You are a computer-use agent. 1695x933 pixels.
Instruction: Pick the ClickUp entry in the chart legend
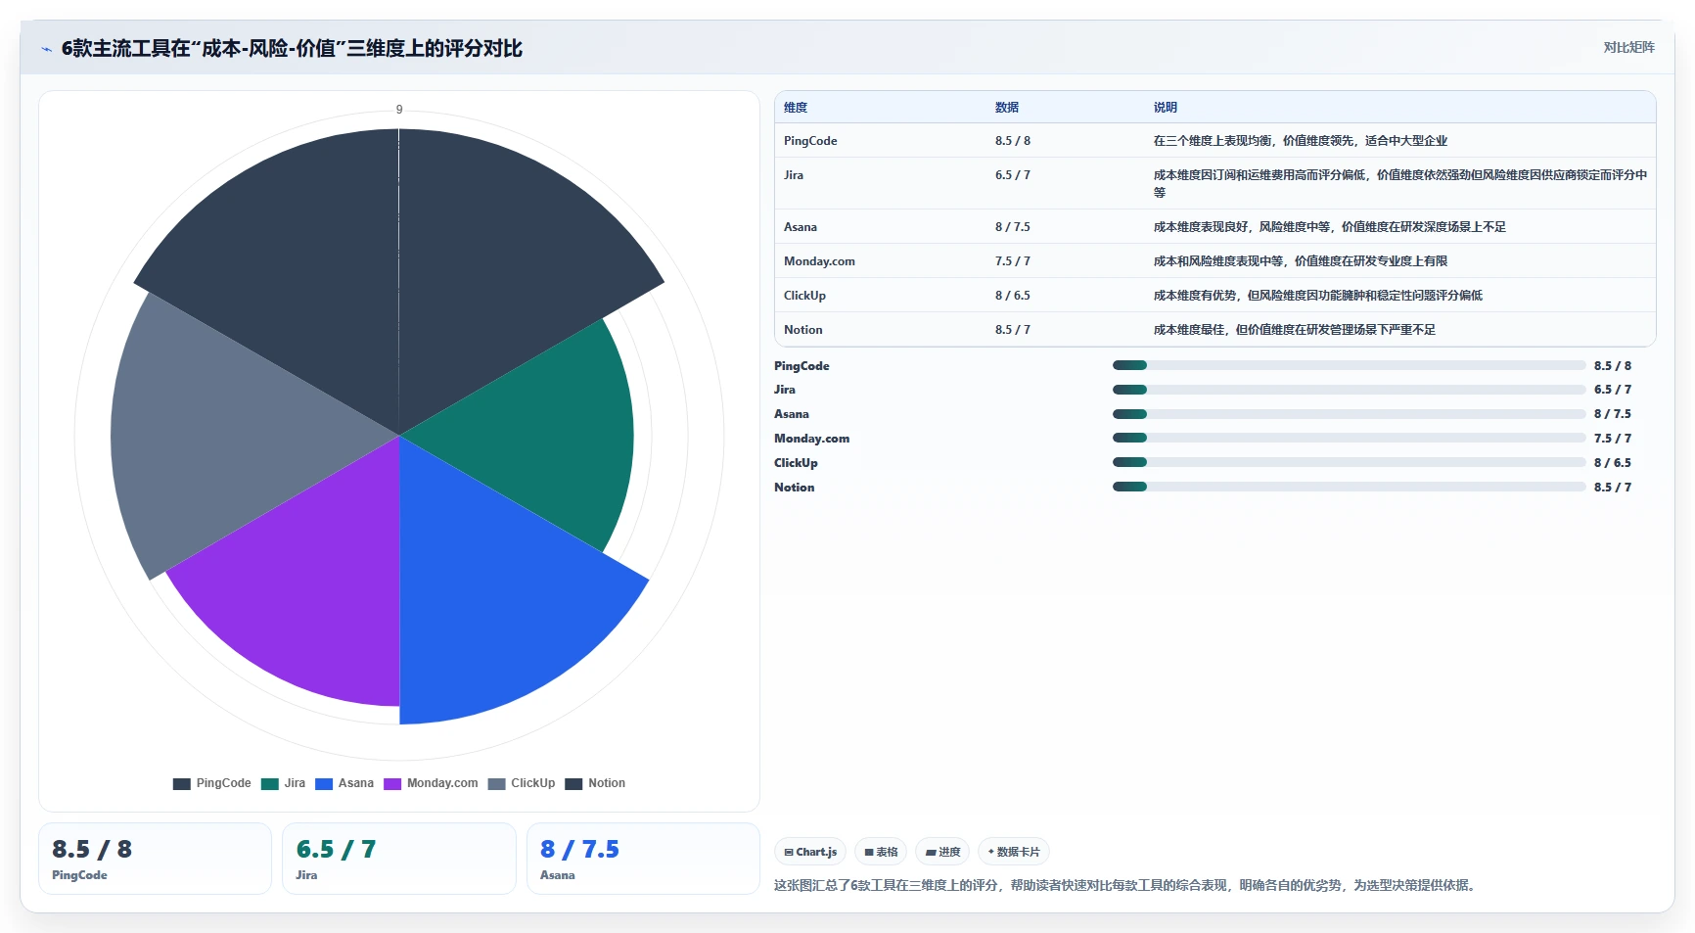(x=522, y=783)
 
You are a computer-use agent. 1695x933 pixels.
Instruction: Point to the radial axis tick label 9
(x=399, y=110)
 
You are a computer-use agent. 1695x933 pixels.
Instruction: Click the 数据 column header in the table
(x=1007, y=108)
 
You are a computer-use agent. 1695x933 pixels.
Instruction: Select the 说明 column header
(x=1166, y=108)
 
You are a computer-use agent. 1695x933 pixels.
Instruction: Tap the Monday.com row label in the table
(x=819, y=261)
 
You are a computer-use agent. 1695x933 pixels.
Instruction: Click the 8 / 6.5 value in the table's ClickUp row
(x=1013, y=296)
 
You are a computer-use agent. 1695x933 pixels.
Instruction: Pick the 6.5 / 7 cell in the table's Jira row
(x=1013, y=175)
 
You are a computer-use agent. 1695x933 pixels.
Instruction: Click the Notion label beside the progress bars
(x=794, y=488)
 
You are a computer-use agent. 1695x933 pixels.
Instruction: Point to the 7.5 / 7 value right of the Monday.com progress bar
(x=1613, y=439)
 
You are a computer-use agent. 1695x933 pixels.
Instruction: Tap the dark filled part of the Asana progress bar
(x=1129, y=414)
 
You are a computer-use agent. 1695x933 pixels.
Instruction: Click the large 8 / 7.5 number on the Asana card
(x=579, y=849)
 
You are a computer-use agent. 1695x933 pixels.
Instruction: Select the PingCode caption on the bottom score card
(x=79, y=875)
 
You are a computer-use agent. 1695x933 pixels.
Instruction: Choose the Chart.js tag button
(x=810, y=852)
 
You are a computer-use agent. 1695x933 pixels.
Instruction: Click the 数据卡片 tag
(x=1014, y=852)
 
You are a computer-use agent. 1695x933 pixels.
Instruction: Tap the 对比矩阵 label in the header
(x=1628, y=47)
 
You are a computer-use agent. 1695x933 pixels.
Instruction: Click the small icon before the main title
(x=46, y=49)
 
